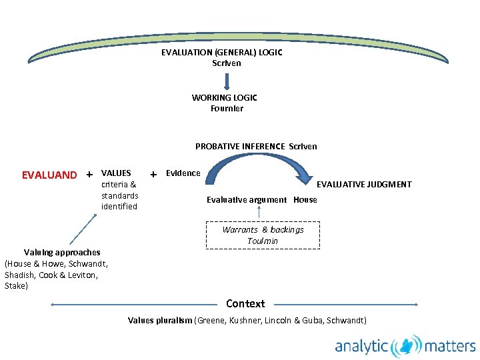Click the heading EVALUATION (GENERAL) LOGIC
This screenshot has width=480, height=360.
[x=221, y=53]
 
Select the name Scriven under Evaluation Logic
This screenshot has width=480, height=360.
[x=226, y=63]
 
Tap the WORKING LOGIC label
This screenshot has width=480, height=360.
[x=224, y=97]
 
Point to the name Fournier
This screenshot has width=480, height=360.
[x=227, y=108]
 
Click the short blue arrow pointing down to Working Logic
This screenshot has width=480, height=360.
[x=227, y=81]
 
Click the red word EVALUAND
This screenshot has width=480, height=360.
[x=49, y=175]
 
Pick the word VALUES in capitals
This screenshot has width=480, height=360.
[x=116, y=173]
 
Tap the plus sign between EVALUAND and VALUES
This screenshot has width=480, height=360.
[x=89, y=175]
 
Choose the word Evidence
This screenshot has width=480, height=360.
[x=183, y=173]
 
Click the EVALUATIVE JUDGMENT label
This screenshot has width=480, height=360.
[x=363, y=185]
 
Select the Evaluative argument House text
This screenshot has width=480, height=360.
[x=261, y=199]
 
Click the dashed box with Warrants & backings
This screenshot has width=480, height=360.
[x=263, y=235]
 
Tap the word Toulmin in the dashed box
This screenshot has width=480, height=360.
[x=263, y=241]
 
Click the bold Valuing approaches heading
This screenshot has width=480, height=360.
[x=62, y=252]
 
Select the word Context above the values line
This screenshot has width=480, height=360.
[x=245, y=303]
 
